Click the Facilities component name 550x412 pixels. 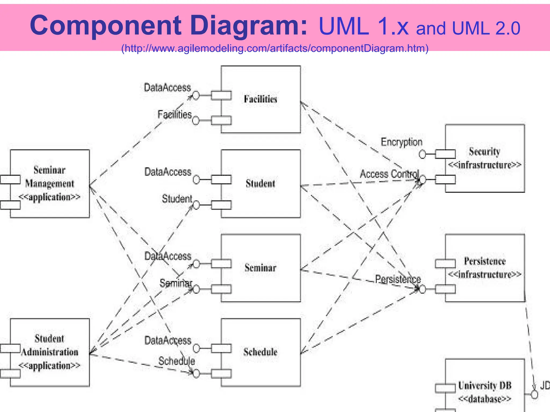click(x=260, y=99)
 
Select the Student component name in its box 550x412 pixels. click(x=260, y=184)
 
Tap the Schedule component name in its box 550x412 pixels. click(x=260, y=352)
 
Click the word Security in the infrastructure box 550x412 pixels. click(x=484, y=152)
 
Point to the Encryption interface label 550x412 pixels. click(x=401, y=142)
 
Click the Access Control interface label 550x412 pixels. click(x=389, y=174)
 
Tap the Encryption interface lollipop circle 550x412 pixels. click(x=422, y=154)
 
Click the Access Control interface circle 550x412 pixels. click(x=423, y=179)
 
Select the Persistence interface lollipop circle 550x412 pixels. click(x=423, y=289)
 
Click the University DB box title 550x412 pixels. click(x=484, y=386)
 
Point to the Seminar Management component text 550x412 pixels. click(x=50, y=184)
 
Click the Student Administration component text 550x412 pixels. click(x=50, y=352)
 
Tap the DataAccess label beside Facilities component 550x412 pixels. click(x=167, y=88)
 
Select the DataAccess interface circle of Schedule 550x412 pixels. click(x=196, y=348)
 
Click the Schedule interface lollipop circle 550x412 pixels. click(x=196, y=374)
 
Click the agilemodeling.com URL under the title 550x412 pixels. click(x=275, y=49)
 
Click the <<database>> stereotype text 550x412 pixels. click(x=484, y=399)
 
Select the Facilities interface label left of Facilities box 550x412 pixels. click(x=175, y=115)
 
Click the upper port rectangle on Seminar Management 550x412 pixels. click(x=10, y=179)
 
